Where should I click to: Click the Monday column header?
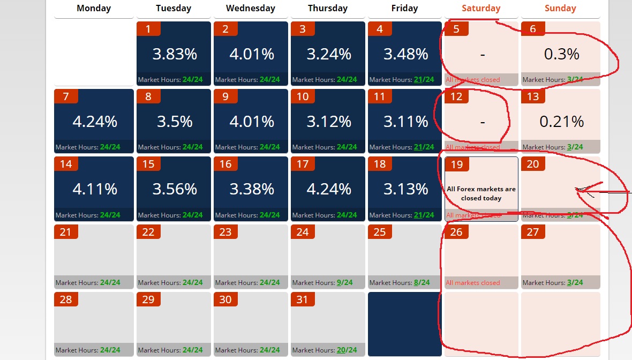pyautogui.click(x=94, y=8)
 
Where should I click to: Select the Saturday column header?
pyautogui.click(x=481, y=8)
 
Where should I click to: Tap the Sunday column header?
pyautogui.click(x=560, y=8)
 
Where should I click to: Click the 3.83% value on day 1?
pyautogui.click(x=175, y=54)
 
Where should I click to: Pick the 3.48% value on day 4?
pyautogui.click(x=406, y=54)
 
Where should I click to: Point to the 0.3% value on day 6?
pyautogui.click(x=561, y=54)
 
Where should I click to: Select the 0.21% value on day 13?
pyautogui.click(x=561, y=122)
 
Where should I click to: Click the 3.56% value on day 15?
pyautogui.click(x=175, y=189)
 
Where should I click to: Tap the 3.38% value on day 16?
pyautogui.click(x=252, y=189)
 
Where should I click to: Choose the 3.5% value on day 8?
pyautogui.click(x=175, y=122)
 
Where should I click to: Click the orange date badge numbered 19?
pyautogui.click(x=457, y=164)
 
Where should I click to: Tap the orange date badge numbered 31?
pyautogui.click(x=303, y=299)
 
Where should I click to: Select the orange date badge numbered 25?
pyautogui.click(x=380, y=231)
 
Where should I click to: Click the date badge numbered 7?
pyautogui.click(x=66, y=96)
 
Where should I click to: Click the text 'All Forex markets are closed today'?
pyautogui.click(x=481, y=193)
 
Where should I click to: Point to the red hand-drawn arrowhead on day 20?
pyautogui.click(x=580, y=190)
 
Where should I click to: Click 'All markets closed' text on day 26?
pyautogui.click(x=472, y=283)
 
